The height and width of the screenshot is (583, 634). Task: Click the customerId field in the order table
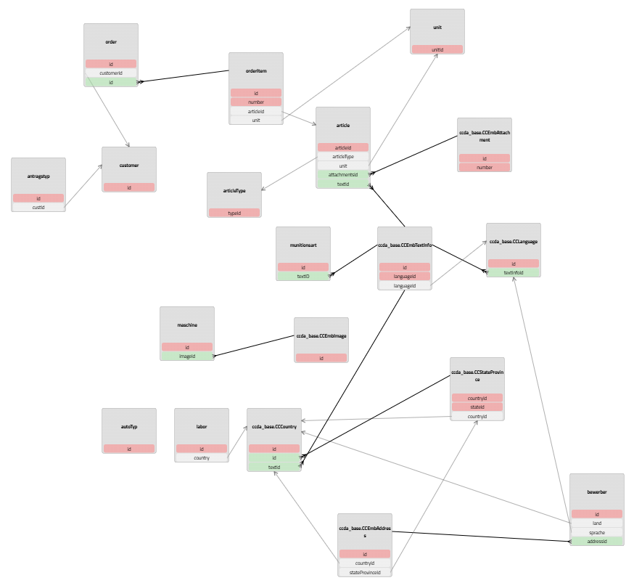(111, 73)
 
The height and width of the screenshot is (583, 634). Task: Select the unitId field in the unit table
(437, 50)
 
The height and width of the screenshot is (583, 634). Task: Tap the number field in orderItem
(256, 102)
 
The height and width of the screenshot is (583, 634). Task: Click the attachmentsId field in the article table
(343, 175)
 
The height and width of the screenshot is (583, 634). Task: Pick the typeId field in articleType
(234, 213)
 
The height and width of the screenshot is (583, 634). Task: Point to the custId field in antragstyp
(38, 208)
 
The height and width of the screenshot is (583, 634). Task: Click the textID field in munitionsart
(303, 277)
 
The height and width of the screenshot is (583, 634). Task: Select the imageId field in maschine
(187, 356)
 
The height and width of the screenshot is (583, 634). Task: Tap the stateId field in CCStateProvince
(477, 407)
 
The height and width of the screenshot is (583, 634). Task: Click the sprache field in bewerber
(597, 532)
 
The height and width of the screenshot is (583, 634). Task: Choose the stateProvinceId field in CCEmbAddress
(365, 572)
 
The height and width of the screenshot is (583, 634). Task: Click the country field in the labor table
(202, 458)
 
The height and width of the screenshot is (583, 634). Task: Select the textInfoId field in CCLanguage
(514, 273)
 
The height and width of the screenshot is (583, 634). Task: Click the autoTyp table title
(129, 427)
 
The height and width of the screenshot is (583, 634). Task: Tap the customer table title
(129, 166)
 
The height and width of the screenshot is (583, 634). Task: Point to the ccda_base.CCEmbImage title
(321, 336)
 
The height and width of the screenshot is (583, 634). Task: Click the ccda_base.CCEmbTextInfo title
(405, 245)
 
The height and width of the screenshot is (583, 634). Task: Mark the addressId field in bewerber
(597, 542)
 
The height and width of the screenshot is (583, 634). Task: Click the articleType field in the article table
(343, 157)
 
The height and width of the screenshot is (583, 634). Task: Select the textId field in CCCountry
(274, 468)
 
